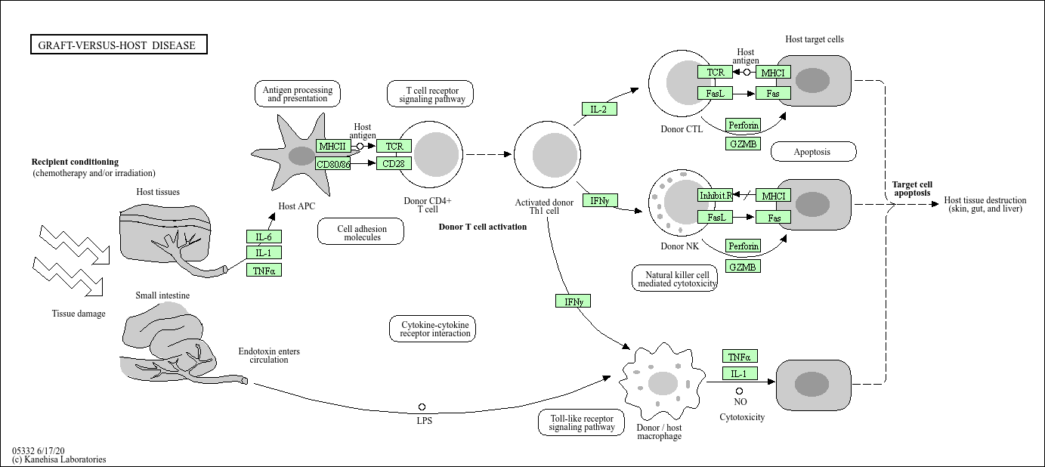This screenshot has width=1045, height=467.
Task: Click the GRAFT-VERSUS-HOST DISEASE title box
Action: [x=118, y=45]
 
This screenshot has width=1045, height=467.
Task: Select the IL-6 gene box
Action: [x=264, y=237]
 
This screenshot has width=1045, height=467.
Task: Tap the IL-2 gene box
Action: [x=599, y=109]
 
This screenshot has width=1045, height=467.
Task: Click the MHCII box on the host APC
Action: [x=332, y=146]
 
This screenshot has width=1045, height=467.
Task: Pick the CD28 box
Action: [x=394, y=163]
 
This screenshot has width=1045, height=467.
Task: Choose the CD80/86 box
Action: [x=332, y=163]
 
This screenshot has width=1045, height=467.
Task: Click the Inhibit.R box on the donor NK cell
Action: [x=716, y=196]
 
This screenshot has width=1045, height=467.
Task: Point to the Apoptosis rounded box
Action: [x=813, y=152]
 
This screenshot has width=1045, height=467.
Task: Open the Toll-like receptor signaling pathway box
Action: [x=582, y=422]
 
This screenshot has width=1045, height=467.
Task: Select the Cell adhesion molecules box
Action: [x=361, y=232]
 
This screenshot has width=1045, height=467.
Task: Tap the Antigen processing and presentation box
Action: [x=298, y=94]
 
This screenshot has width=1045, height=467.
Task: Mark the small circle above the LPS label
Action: [x=422, y=407]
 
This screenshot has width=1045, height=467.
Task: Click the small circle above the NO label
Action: [x=740, y=391]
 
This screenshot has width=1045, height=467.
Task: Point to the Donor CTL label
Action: [x=682, y=129]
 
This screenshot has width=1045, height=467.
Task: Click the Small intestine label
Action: [x=162, y=295]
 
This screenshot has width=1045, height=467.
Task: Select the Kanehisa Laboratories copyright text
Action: [x=59, y=459]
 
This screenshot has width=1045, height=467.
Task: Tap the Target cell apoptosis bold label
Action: [x=912, y=188]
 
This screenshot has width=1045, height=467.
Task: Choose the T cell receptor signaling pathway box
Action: [x=431, y=94]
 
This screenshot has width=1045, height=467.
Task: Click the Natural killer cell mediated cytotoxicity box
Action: [x=675, y=279]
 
